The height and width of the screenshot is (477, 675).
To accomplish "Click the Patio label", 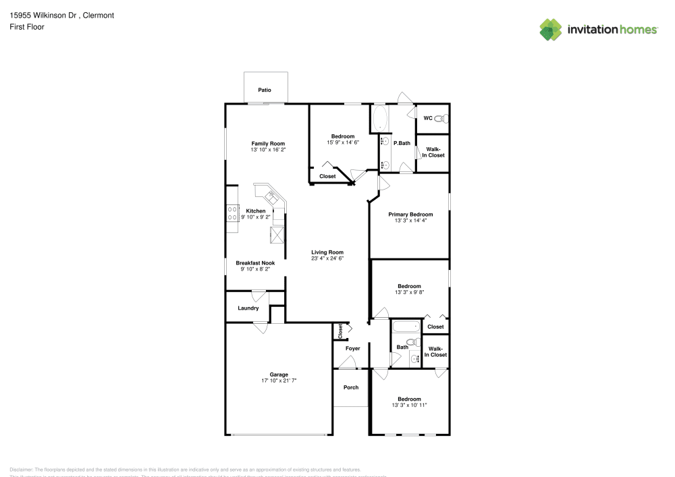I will [x=265, y=89].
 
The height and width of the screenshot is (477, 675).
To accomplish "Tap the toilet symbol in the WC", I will [x=439, y=119].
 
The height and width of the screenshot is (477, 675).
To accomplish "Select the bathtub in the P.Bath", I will [x=379, y=119].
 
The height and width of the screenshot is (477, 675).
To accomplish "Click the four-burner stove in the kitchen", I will [x=232, y=214].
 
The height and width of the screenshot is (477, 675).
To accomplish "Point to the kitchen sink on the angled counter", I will [x=272, y=198].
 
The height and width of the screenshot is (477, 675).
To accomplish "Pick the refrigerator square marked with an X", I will [x=277, y=235].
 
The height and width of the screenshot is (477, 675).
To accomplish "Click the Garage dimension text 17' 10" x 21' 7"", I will [x=279, y=381].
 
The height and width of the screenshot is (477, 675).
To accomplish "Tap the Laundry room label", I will [x=248, y=308].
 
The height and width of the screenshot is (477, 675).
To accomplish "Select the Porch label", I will [x=351, y=387].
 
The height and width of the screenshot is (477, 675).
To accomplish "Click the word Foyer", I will [x=352, y=348].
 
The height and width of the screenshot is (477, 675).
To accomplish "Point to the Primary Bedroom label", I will [x=410, y=215].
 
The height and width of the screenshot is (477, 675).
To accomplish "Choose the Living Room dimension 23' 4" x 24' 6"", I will [x=327, y=258].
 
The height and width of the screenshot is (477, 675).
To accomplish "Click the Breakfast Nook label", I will [x=255, y=263].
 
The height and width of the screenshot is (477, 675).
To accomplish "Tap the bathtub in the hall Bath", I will [x=406, y=328].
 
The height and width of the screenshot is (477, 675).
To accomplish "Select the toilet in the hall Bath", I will [x=411, y=342].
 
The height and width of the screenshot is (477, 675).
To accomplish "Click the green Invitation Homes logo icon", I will [x=550, y=30].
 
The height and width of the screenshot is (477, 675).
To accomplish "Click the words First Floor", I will [x=27, y=27].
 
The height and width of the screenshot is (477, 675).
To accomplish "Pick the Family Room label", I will [x=268, y=143].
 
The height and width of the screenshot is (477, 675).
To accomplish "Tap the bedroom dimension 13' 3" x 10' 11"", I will [x=409, y=405].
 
